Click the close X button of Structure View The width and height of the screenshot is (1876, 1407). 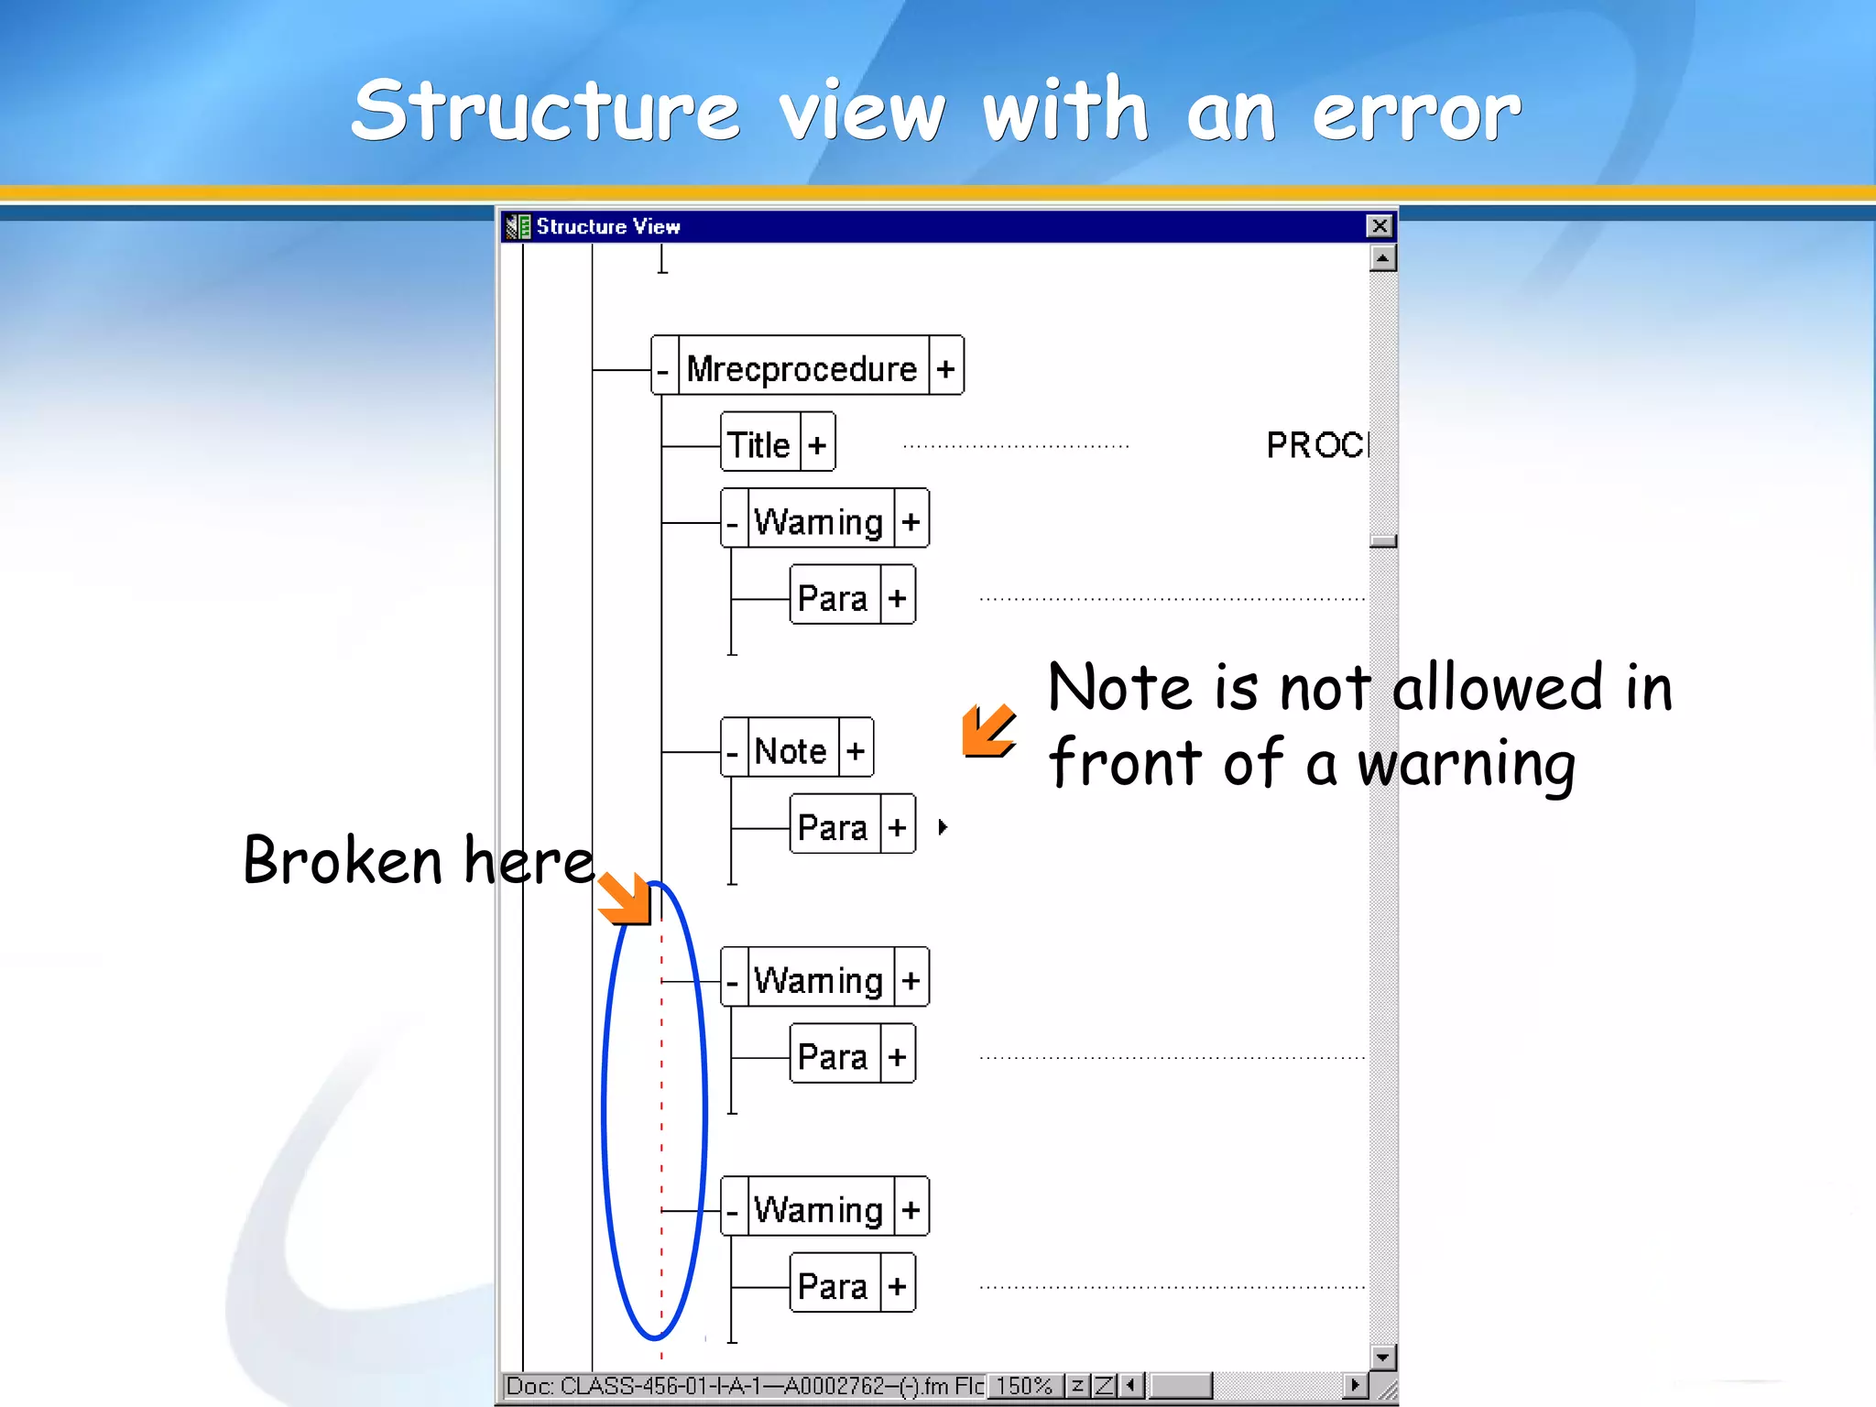click(x=1379, y=226)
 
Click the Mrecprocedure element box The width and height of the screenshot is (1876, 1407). click(x=802, y=368)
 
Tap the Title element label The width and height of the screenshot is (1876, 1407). click(x=758, y=445)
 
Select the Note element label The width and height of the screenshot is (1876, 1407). click(x=791, y=751)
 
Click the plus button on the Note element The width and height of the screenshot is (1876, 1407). click(x=856, y=751)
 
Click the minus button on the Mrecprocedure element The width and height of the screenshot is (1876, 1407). click(x=663, y=369)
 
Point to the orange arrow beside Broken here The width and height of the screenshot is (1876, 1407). click(x=626, y=898)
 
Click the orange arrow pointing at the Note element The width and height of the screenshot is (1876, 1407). click(x=987, y=731)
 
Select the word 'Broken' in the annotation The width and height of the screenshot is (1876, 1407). click(x=344, y=861)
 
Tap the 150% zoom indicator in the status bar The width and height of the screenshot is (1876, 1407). click(x=1024, y=1386)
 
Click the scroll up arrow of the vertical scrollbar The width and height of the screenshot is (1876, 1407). click(x=1382, y=259)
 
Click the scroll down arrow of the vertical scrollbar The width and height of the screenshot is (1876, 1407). click(x=1382, y=1357)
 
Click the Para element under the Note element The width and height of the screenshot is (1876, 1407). click(x=833, y=827)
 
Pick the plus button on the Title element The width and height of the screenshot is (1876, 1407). click(x=817, y=445)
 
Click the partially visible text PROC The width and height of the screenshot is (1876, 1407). click(x=1316, y=445)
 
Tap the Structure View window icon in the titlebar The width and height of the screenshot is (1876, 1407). click(x=518, y=226)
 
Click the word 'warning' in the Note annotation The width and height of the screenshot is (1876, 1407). click(x=1466, y=765)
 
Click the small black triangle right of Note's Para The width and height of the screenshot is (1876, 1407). click(x=943, y=827)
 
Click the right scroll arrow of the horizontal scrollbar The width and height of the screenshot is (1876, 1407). click(x=1355, y=1385)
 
